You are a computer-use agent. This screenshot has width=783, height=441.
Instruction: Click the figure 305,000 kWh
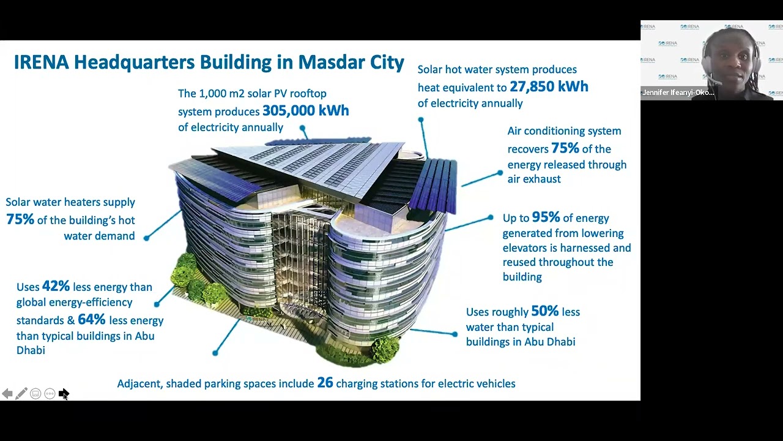pyautogui.click(x=305, y=111)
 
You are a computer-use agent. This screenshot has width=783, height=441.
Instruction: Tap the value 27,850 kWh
pyautogui.click(x=549, y=87)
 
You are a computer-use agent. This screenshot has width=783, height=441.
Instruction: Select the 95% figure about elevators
pyautogui.click(x=546, y=217)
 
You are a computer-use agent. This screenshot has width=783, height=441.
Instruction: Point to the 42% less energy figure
pyautogui.click(x=56, y=287)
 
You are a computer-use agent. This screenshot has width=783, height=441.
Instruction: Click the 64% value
pyautogui.click(x=91, y=320)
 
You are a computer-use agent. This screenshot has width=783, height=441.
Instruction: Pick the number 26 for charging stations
pyautogui.click(x=325, y=383)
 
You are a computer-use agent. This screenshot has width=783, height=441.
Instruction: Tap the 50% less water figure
pyautogui.click(x=544, y=311)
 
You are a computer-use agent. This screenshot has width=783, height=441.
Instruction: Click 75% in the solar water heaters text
pyautogui.click(x=20, y=219)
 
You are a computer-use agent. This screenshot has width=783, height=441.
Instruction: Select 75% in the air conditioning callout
pyautogui.click(x=565, y=148)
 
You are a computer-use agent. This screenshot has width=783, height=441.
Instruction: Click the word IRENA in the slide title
pyautogui.click(x=41, y=62)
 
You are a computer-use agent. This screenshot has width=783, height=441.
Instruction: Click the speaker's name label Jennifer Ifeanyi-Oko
pyautogui.click(x=678, y=92)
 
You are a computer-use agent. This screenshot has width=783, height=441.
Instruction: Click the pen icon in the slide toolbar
pyautogui.click(x=21, y=394)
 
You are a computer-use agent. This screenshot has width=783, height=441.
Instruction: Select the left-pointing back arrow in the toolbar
pyautogui.click(x=7, y=394)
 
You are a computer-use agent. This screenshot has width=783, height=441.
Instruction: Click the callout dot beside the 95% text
pyautogui.click(x=490, y=217)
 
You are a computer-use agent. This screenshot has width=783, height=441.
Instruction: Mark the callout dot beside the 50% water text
pyautogui.click(x=455, y=334)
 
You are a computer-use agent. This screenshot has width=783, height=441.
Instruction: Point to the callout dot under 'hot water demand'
pyautogui.click(x=146, y=238)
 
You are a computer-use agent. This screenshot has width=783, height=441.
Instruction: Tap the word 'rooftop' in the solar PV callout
pyautogui.click(x=308, y=94)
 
